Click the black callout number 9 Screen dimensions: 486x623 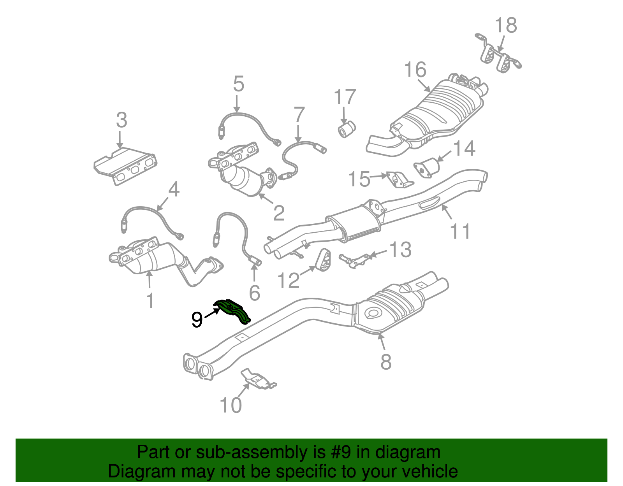tap(197, 320)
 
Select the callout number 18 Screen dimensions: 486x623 tap(506, 26)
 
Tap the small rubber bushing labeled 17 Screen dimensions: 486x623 tap(346, 129)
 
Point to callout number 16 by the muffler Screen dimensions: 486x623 tap(415, 70)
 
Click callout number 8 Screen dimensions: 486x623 tap(385, 362)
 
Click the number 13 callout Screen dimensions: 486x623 tap(400, 250)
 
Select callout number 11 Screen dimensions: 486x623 tap(460, 231)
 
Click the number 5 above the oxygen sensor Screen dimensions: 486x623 tap(238, 84)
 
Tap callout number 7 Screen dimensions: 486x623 tap(299, 115)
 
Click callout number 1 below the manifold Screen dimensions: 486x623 tap(150, 301)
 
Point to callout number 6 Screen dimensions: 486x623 tap(254, 293)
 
